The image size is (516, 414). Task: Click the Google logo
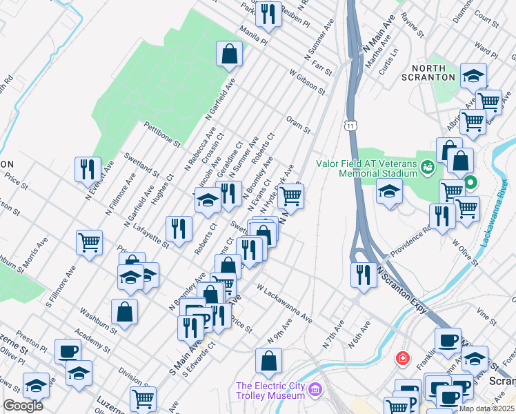pos(23,406)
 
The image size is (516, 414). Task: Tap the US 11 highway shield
pos(351,126)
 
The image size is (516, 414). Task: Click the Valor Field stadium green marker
pos(427,166)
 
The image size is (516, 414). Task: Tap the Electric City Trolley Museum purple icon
pos(316,391)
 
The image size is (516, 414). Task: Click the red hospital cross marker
pos(401,359)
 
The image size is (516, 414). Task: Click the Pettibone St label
pos(161,135)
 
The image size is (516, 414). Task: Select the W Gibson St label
pos(306,81)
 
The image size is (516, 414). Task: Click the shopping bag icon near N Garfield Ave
pos(229,53)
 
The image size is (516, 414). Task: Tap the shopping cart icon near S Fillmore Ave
pos(90,243)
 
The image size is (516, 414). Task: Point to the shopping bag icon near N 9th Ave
pos(268,359)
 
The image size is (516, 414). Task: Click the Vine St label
pos(486,317)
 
